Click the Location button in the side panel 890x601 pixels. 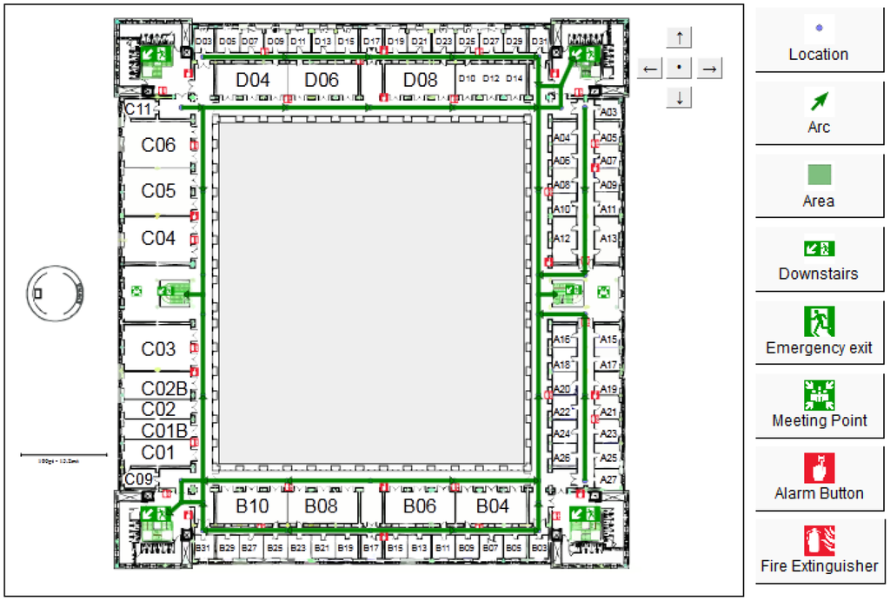coord(818,40)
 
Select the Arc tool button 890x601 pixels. coord(818,113)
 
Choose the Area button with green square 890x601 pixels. coord(818,186)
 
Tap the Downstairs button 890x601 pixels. coord(818,259)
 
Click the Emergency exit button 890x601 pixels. coord(818,332)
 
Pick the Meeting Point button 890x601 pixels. coord(818,405)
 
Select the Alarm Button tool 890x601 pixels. coord(818,478)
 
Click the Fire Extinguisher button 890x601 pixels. coord(818,551)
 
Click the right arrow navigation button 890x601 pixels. coord(710,68)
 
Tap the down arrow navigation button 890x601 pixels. coord(680,97)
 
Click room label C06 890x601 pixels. coord(158,145)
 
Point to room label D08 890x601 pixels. coord(421,80)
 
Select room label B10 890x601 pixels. coord(252,505)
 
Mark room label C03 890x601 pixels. coord(158,349)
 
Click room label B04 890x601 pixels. coord(493,505)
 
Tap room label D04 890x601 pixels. coord(253,80)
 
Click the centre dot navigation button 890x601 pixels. coord(680,68)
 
